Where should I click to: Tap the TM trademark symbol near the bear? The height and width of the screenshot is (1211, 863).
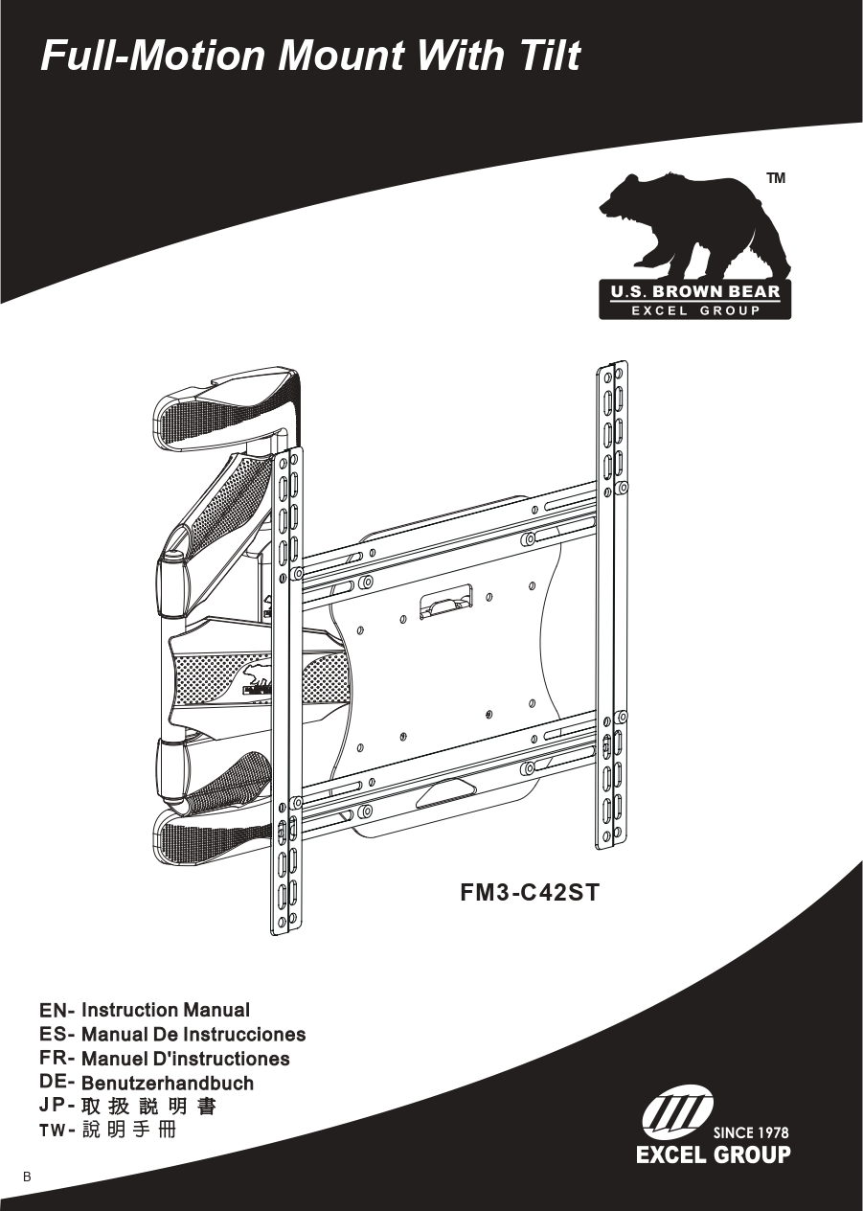click(x=776, y=178)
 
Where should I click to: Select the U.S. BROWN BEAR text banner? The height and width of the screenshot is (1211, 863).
click(x=695, y=292)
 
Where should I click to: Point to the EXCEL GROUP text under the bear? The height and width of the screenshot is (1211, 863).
click(x=695, y=310)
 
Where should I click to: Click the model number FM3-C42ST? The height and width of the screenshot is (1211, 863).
click(x=530, y=894)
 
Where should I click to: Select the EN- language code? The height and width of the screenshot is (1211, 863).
click(x=57, y=1011)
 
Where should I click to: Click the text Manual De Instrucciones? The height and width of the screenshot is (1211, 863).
click(x=193, y=1035)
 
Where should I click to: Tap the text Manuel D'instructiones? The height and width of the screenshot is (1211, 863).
click(x=185, y=1059)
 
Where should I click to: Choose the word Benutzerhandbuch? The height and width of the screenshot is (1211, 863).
click(x=168, y=1084)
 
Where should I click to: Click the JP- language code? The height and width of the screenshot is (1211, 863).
click(x=57, y=1108)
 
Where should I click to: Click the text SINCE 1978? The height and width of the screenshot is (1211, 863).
click(x=751, y=1132)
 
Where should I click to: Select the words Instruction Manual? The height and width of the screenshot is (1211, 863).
click(x=166, y=1011)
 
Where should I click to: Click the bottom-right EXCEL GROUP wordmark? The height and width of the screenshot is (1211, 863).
click(x=714, y=1154)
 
